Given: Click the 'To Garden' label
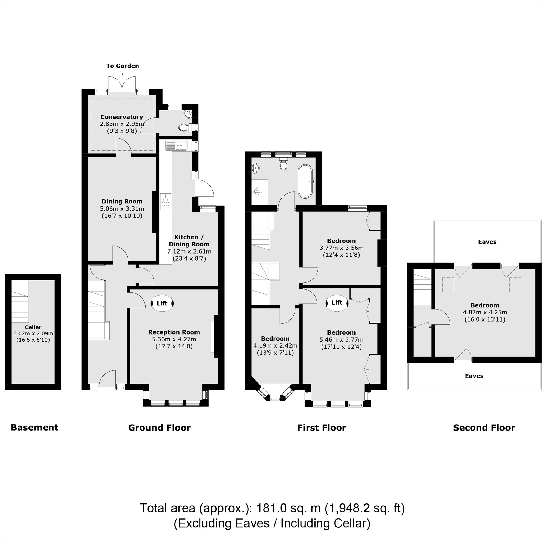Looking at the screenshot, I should click(x=122, y=66).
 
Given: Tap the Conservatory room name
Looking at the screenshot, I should click(x=122, y=117).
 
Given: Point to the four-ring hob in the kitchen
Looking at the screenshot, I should click(x=166, y=202).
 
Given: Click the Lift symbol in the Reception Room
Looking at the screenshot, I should click(x=162, y=303).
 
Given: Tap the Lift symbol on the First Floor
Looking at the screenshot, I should click(x=337, y=303).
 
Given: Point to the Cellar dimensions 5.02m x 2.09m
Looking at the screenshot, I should click(x=33, y=333).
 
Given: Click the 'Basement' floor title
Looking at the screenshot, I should click(x=34, y=427).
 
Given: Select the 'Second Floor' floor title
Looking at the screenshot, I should click(x=484, y=428).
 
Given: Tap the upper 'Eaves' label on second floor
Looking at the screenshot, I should click(x=487, y=242).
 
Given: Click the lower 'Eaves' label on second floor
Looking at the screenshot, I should click(x=474, y=376).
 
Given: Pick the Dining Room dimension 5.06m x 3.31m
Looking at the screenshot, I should click(x=122, y=209).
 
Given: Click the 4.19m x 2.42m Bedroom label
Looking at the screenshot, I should click(x=275, y=345).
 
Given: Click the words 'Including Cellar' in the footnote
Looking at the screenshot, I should click(x=325, y=523).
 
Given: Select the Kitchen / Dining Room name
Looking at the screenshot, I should click(x=189, y=240).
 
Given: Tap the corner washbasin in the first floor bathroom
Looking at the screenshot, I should click(x=255, y=168).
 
